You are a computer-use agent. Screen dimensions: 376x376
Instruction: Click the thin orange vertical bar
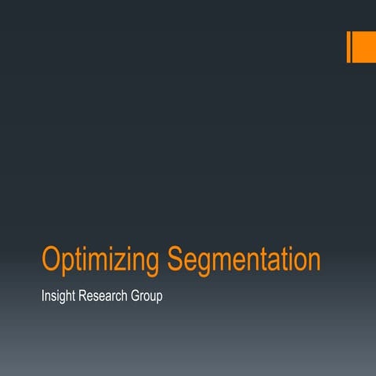349,46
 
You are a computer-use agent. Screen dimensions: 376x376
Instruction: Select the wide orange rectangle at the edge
364,46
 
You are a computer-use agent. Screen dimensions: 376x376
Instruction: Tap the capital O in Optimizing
52,259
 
